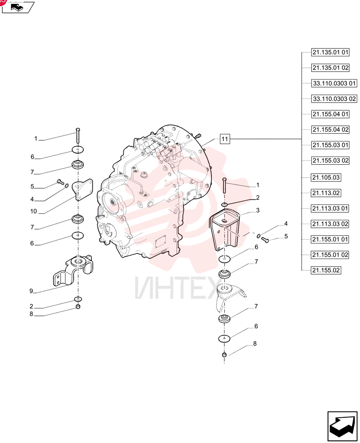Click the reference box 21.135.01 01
click(330, 52)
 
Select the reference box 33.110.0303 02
click(334, 99)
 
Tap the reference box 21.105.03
click(326, 178)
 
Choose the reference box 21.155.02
click(326, 270)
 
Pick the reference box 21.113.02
click(326, 193)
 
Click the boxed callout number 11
click(224, 139)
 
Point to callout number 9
click(31, 291)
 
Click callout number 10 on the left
click(33, 211)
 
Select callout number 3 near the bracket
click(258, 210)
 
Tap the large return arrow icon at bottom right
click(342, 426)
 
